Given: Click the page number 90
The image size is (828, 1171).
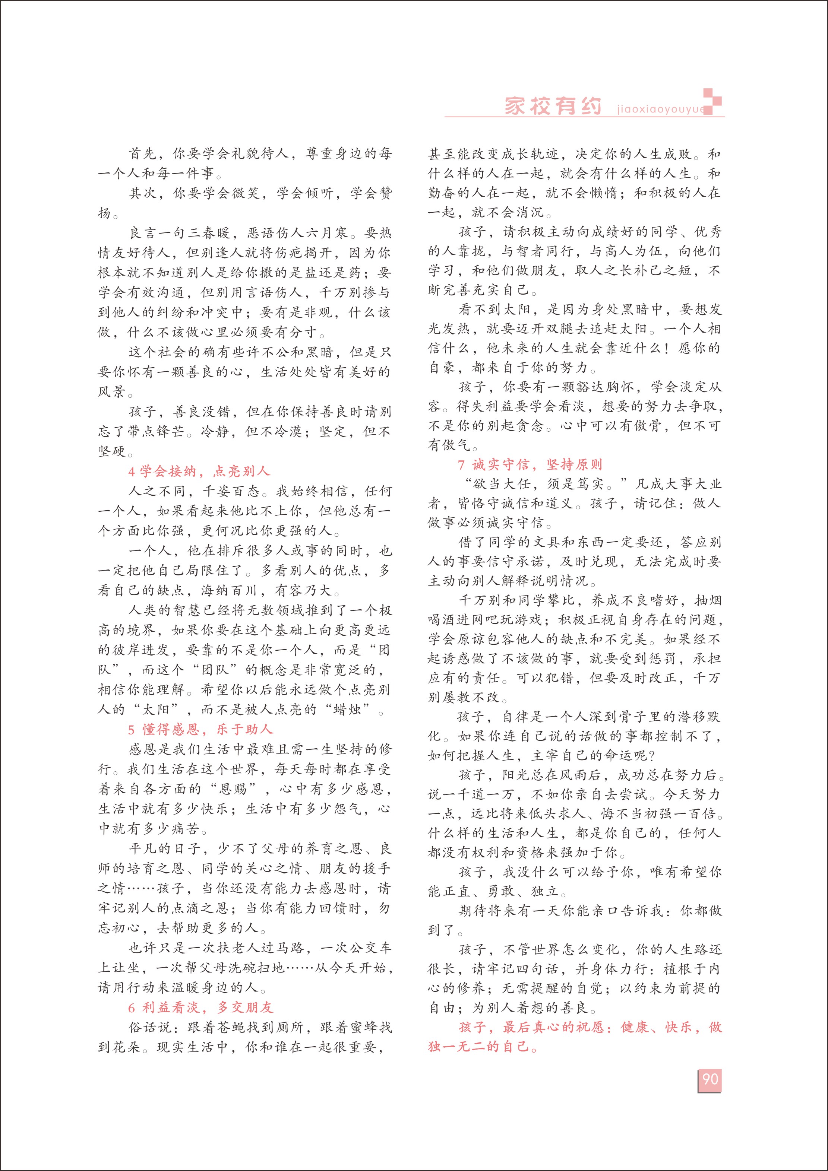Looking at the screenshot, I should coord(710,1079).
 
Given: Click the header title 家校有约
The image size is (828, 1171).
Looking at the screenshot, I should coord(553,106).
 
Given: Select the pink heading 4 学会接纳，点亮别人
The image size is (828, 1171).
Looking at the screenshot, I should coord(199,471).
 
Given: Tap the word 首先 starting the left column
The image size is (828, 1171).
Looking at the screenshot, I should coord(143,153).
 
